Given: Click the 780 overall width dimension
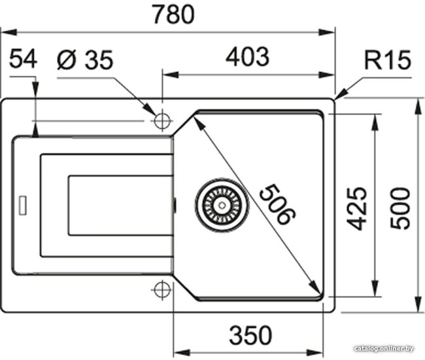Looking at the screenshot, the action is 173,14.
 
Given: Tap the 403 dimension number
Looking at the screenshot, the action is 247,57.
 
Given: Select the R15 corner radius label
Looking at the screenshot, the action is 388,60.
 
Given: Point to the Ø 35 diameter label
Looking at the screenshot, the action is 85,60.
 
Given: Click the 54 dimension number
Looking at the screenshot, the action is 23,58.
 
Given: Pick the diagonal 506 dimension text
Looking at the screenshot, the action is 277,204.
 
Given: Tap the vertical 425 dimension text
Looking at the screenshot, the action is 357,208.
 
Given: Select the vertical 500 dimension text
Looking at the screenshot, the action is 399,208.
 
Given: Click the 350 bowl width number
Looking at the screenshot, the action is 250,335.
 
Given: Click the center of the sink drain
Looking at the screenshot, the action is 222,205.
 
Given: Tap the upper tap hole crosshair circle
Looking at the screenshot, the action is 162,120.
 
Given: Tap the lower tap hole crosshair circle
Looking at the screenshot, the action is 162,290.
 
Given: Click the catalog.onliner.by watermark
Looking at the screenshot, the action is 384,348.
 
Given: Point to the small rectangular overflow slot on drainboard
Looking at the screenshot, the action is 22,205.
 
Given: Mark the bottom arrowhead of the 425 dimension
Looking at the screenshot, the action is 375,288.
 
